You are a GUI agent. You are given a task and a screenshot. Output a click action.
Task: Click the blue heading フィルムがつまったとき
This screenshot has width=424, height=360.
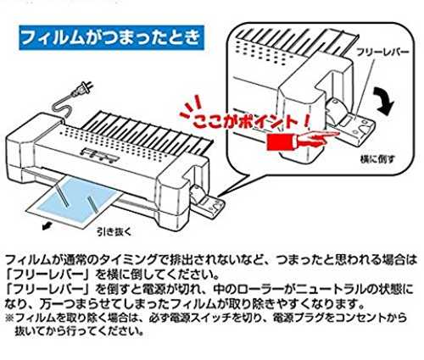[111, 38]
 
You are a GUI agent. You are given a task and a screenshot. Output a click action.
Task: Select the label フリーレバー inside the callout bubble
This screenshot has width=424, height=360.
[382, 53]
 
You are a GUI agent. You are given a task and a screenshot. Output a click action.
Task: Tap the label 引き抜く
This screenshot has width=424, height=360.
[114, 232]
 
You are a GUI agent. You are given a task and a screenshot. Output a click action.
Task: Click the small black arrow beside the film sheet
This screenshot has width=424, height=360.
[47, 225]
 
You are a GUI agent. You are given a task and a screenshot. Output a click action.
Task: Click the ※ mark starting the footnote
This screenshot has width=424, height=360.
[10, 318]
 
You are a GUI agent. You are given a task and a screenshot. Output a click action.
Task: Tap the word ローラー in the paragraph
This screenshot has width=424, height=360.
[259, 289]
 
